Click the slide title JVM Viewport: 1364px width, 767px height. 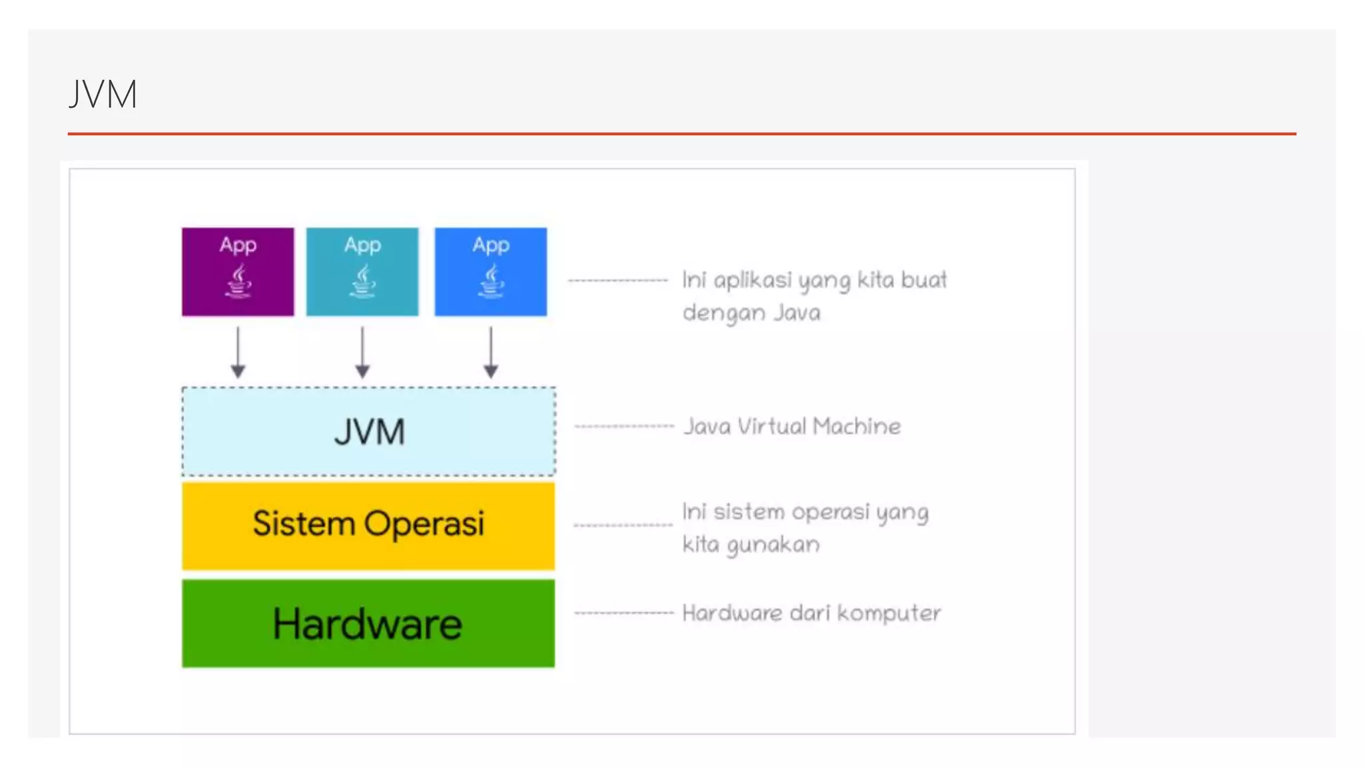click(x=103, y=94)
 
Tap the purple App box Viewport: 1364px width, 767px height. click(x=238, y=271)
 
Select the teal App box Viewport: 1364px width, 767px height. click(x=362, y=271)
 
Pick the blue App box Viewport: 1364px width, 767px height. click(x=491, y=271)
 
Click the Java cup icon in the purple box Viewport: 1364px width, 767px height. click(x=238, y=281)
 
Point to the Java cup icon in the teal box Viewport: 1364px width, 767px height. click(x=363, y=281)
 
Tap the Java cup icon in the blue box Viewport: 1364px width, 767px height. click(x=492, y=281)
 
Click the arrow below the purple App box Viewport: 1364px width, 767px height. click(x=238, y=352)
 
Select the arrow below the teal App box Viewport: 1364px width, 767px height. click(x=362, y=352)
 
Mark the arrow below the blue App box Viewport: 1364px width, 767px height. click(x=491, y=352)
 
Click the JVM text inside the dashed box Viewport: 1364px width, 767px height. click(x=369, y=431)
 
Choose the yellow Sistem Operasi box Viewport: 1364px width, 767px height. click(x=368, y=525)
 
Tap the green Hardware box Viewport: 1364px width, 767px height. click(x=368, y=623)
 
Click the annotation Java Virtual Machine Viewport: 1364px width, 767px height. click(x=793, y=426)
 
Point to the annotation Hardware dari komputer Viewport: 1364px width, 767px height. click(x=811, y=613)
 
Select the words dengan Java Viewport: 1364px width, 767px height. click(x=751, y=312)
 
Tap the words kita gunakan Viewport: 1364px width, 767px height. click(x=751, y=545)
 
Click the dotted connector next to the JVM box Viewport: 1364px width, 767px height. click(x=624, y=426)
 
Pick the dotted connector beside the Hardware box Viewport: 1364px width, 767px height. click(x=624, y=613)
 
